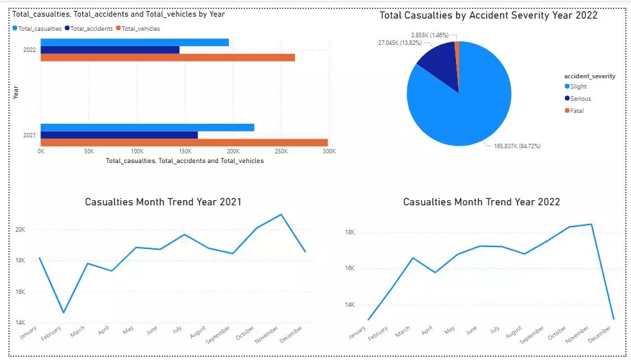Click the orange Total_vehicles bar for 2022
point(167,58)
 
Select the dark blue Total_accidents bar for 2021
point(119,135)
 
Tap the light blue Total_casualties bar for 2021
point(147,127)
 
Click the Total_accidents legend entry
point(92,28)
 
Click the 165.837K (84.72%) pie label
point(517,146)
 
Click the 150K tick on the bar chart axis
point(185,151)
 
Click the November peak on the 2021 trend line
point(281,214)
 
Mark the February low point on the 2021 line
point(63,313)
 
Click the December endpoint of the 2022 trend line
point(613,318)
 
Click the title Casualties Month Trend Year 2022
point(481,202)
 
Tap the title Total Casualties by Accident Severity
point(488,15)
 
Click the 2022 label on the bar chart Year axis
point(29,49)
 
